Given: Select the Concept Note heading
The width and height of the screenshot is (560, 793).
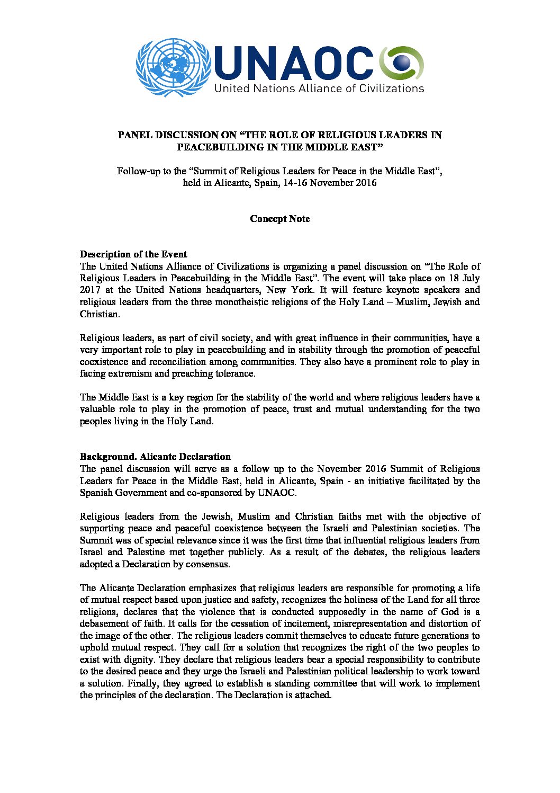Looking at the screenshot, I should tap(279, 219).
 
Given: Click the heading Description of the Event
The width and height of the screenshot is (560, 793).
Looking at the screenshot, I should tap(133, 254).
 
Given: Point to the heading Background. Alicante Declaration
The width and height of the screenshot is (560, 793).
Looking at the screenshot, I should tap(155, 457).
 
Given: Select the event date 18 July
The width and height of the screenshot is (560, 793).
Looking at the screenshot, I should tap(464, 278).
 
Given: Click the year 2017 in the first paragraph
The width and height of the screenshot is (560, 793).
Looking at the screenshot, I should tap(89, 290).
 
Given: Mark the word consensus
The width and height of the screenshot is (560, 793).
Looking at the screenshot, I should tap(209, 564).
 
